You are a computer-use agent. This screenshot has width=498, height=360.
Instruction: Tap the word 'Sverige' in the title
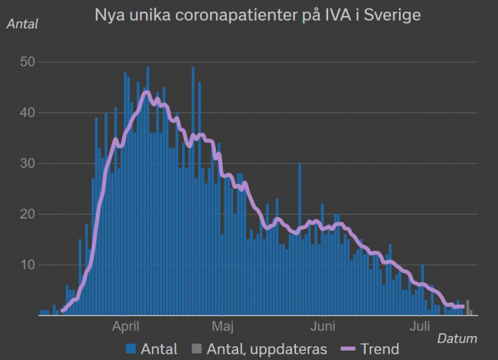tap(393, 15)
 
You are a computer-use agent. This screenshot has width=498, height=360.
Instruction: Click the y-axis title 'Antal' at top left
tap(22, 23)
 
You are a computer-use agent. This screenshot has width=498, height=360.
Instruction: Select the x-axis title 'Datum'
tap(457, 338)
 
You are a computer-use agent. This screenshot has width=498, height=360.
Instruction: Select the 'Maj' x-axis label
tap(223, 326)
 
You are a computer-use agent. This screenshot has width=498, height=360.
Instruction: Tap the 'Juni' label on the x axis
tap(323, 326)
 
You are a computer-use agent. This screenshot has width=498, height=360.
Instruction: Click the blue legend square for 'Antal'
tap(131, 349)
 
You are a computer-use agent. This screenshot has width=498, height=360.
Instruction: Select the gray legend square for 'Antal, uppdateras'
tap(196, 349)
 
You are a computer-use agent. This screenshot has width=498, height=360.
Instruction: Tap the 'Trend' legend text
tap(379, 349)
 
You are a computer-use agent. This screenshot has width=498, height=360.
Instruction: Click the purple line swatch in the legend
tap(345, 349)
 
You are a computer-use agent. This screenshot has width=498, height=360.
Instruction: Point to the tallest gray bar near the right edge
tap(468, 308)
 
